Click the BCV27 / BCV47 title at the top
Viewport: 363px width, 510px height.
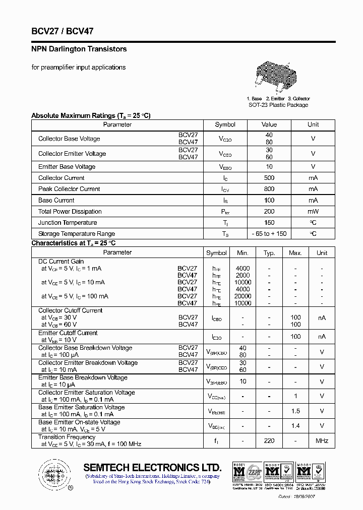point(63,31)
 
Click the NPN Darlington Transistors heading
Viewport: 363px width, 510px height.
point(79,49)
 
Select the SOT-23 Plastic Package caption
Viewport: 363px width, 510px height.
point(278,105)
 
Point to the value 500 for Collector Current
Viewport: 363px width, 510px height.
point(269,178)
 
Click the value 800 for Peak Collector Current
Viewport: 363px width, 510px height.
point(269,189)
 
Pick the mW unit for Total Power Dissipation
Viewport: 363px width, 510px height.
point(313,212)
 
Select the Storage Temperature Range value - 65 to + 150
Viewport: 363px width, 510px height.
point(269,234)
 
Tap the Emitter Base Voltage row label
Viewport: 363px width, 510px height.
point(67,167)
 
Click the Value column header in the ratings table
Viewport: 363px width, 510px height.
point(269,124)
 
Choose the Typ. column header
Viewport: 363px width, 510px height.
point(269,253)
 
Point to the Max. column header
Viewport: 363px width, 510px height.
point(295,253)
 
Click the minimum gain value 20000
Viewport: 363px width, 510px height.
point(243,296)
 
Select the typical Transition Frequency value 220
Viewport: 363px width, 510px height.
point(269,441)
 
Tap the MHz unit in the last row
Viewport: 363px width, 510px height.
point(322,441)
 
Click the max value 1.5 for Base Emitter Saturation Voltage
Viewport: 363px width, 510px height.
point(295,411)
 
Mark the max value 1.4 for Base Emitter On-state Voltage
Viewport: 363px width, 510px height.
point(295,426)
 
